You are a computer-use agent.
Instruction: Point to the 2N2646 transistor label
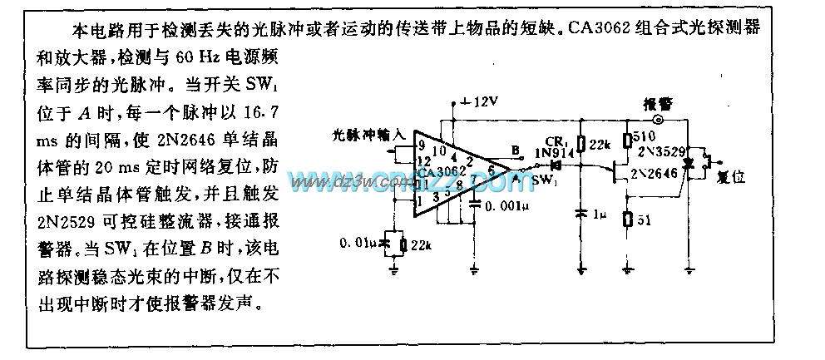click(x=653, y=174)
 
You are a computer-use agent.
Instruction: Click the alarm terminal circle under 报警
click(x=659, y=120)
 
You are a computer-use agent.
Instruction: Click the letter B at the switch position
click(x=516, y=150)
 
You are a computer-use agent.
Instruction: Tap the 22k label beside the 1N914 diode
click(x=596, y=146)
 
